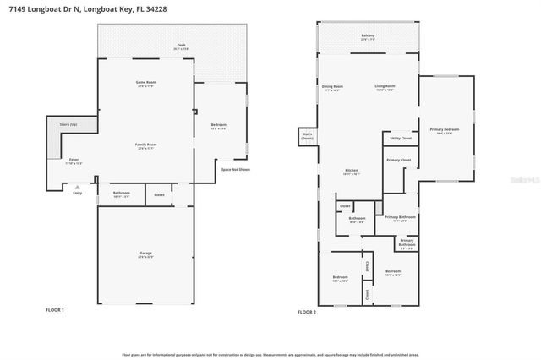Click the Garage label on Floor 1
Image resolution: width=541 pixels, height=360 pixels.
[x=145, y=254]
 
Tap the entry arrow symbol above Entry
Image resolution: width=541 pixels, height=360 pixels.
[x=77, y=187]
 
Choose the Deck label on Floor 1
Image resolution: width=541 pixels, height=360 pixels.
[x=181, y=46]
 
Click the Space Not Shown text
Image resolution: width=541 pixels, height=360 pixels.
[x=236, y=170]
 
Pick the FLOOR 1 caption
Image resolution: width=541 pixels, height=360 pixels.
[x=55, y=310]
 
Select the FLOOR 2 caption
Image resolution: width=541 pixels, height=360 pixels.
[x=306, y=312]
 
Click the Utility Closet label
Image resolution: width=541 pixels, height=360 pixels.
[x=401, y=139]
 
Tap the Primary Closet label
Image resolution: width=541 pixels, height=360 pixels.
[x=398, y=160]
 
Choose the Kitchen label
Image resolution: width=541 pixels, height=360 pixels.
[x=352, y=172]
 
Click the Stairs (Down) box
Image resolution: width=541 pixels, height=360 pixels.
[x=306, y=136]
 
